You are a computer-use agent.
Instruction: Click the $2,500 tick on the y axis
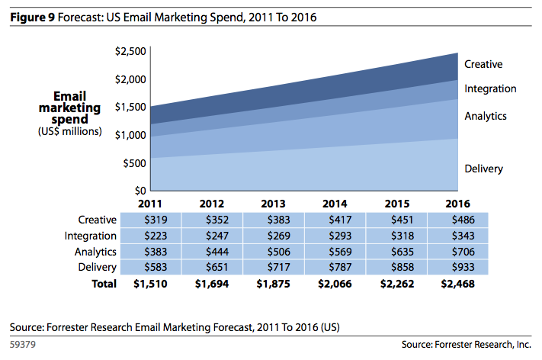pyautogui.click(x=130, y=51)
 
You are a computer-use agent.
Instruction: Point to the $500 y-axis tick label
pyautogui.click(x=133, y=162)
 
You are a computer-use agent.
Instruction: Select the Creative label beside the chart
pyautogui.click(x=483, y=65)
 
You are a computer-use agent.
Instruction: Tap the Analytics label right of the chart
pyautogui.click(x=486, y=116)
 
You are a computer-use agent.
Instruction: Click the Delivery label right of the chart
pyautogui.click(x=483, y=169)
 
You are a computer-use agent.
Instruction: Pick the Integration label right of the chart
pyautogui.click(x=490, y=88)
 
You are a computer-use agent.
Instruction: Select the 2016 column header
pyautogui.click(x=456, y=204)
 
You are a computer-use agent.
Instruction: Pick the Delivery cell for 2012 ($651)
pyautogui.click(x=212, y=267)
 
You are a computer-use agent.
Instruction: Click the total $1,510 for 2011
pyautogui.click(x=149, y=284)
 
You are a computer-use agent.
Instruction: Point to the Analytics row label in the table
pyautogui.click(x=96, y=252)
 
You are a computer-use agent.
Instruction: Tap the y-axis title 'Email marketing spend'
pyautogui.click(x=69, y=108)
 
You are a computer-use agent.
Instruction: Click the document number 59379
pyautogui.click(x=24, y=345)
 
